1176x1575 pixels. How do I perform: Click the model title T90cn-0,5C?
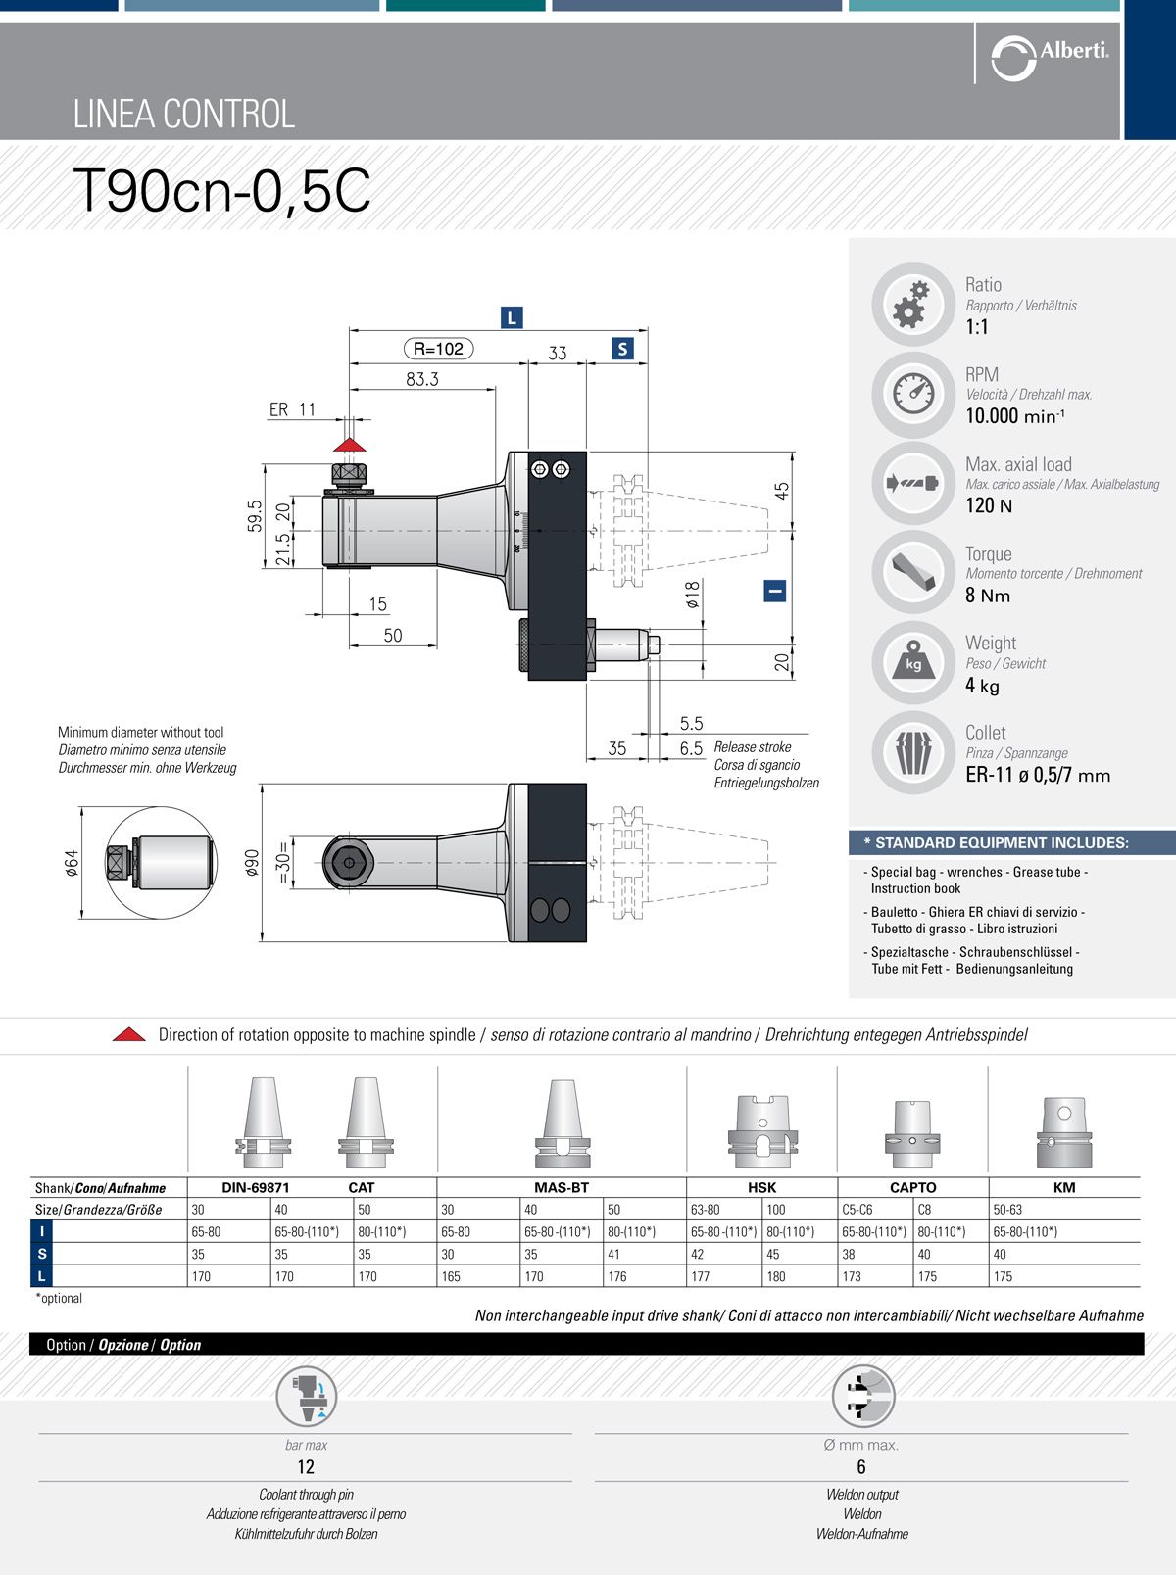(222, 190)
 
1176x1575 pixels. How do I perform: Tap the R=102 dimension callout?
(438, 349)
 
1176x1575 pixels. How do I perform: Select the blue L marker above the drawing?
(512, 317)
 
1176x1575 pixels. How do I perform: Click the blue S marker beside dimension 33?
(622, 349)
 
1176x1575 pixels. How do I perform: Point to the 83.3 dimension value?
(422, 379)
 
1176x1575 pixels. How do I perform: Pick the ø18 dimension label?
(693, 595)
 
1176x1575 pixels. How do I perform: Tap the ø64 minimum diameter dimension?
(72, 863)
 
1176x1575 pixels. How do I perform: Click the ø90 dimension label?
(252, 863)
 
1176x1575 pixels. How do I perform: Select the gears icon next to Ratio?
(912, 304)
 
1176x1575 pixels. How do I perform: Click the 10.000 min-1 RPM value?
(1015, 416)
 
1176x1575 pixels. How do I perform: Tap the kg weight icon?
(912, 662)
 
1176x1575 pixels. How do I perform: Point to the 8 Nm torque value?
(988, 596)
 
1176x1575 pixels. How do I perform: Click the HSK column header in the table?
(761, 1187)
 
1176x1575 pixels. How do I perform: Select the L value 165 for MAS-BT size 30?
(451, 1276)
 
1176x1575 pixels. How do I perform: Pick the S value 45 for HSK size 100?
(773, 1254)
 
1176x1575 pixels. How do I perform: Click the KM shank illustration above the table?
(1063, 1132)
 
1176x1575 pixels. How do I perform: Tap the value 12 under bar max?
(306, 1466)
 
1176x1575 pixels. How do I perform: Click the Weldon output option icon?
(862, 1397)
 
